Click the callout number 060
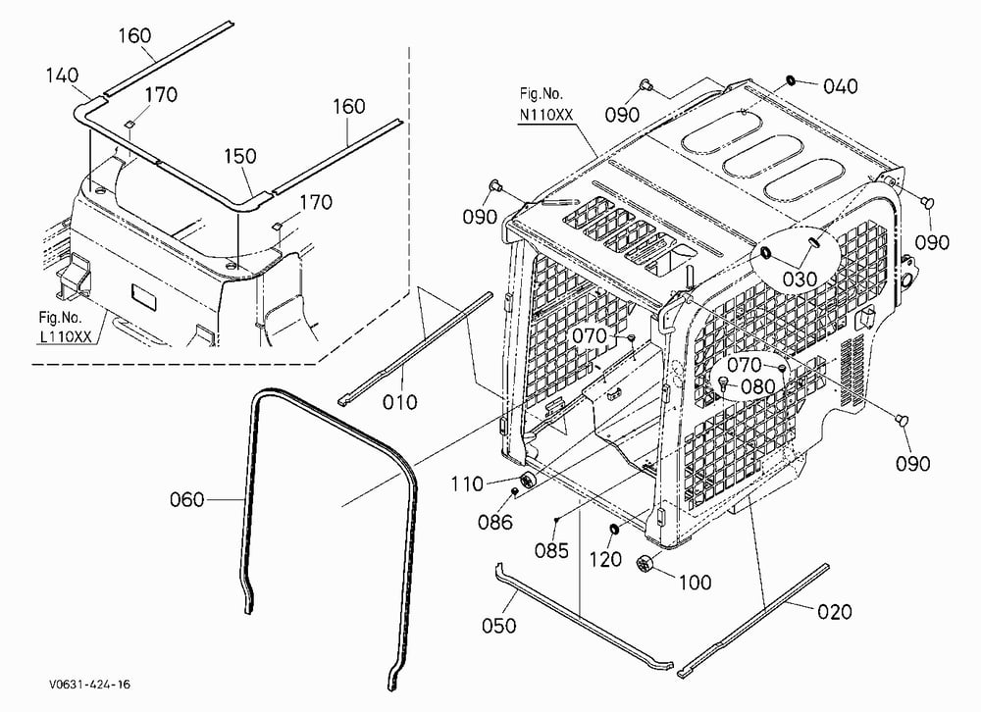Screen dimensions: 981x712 [186, 500]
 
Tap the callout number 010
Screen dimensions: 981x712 [400, 402]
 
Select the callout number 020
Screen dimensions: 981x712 [835, 611]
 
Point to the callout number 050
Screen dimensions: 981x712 [499, 625]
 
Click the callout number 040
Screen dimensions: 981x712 [841, 86]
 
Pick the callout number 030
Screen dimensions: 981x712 [800, 280]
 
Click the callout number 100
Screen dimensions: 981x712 [696, 583]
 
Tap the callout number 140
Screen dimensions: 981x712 [62, 76]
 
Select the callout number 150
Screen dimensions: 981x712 [240, 156]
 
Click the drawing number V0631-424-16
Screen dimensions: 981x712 [90, 685]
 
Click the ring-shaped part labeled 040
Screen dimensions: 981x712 [790, 79]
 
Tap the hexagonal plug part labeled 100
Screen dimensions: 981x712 [644, 563]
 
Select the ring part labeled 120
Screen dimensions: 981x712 [614, 531]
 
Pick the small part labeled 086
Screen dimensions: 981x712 [514, 491]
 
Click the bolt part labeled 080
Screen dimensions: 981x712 [724, 382]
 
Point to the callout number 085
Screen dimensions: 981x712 [551, 550]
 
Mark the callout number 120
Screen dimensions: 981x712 [605, 559]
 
